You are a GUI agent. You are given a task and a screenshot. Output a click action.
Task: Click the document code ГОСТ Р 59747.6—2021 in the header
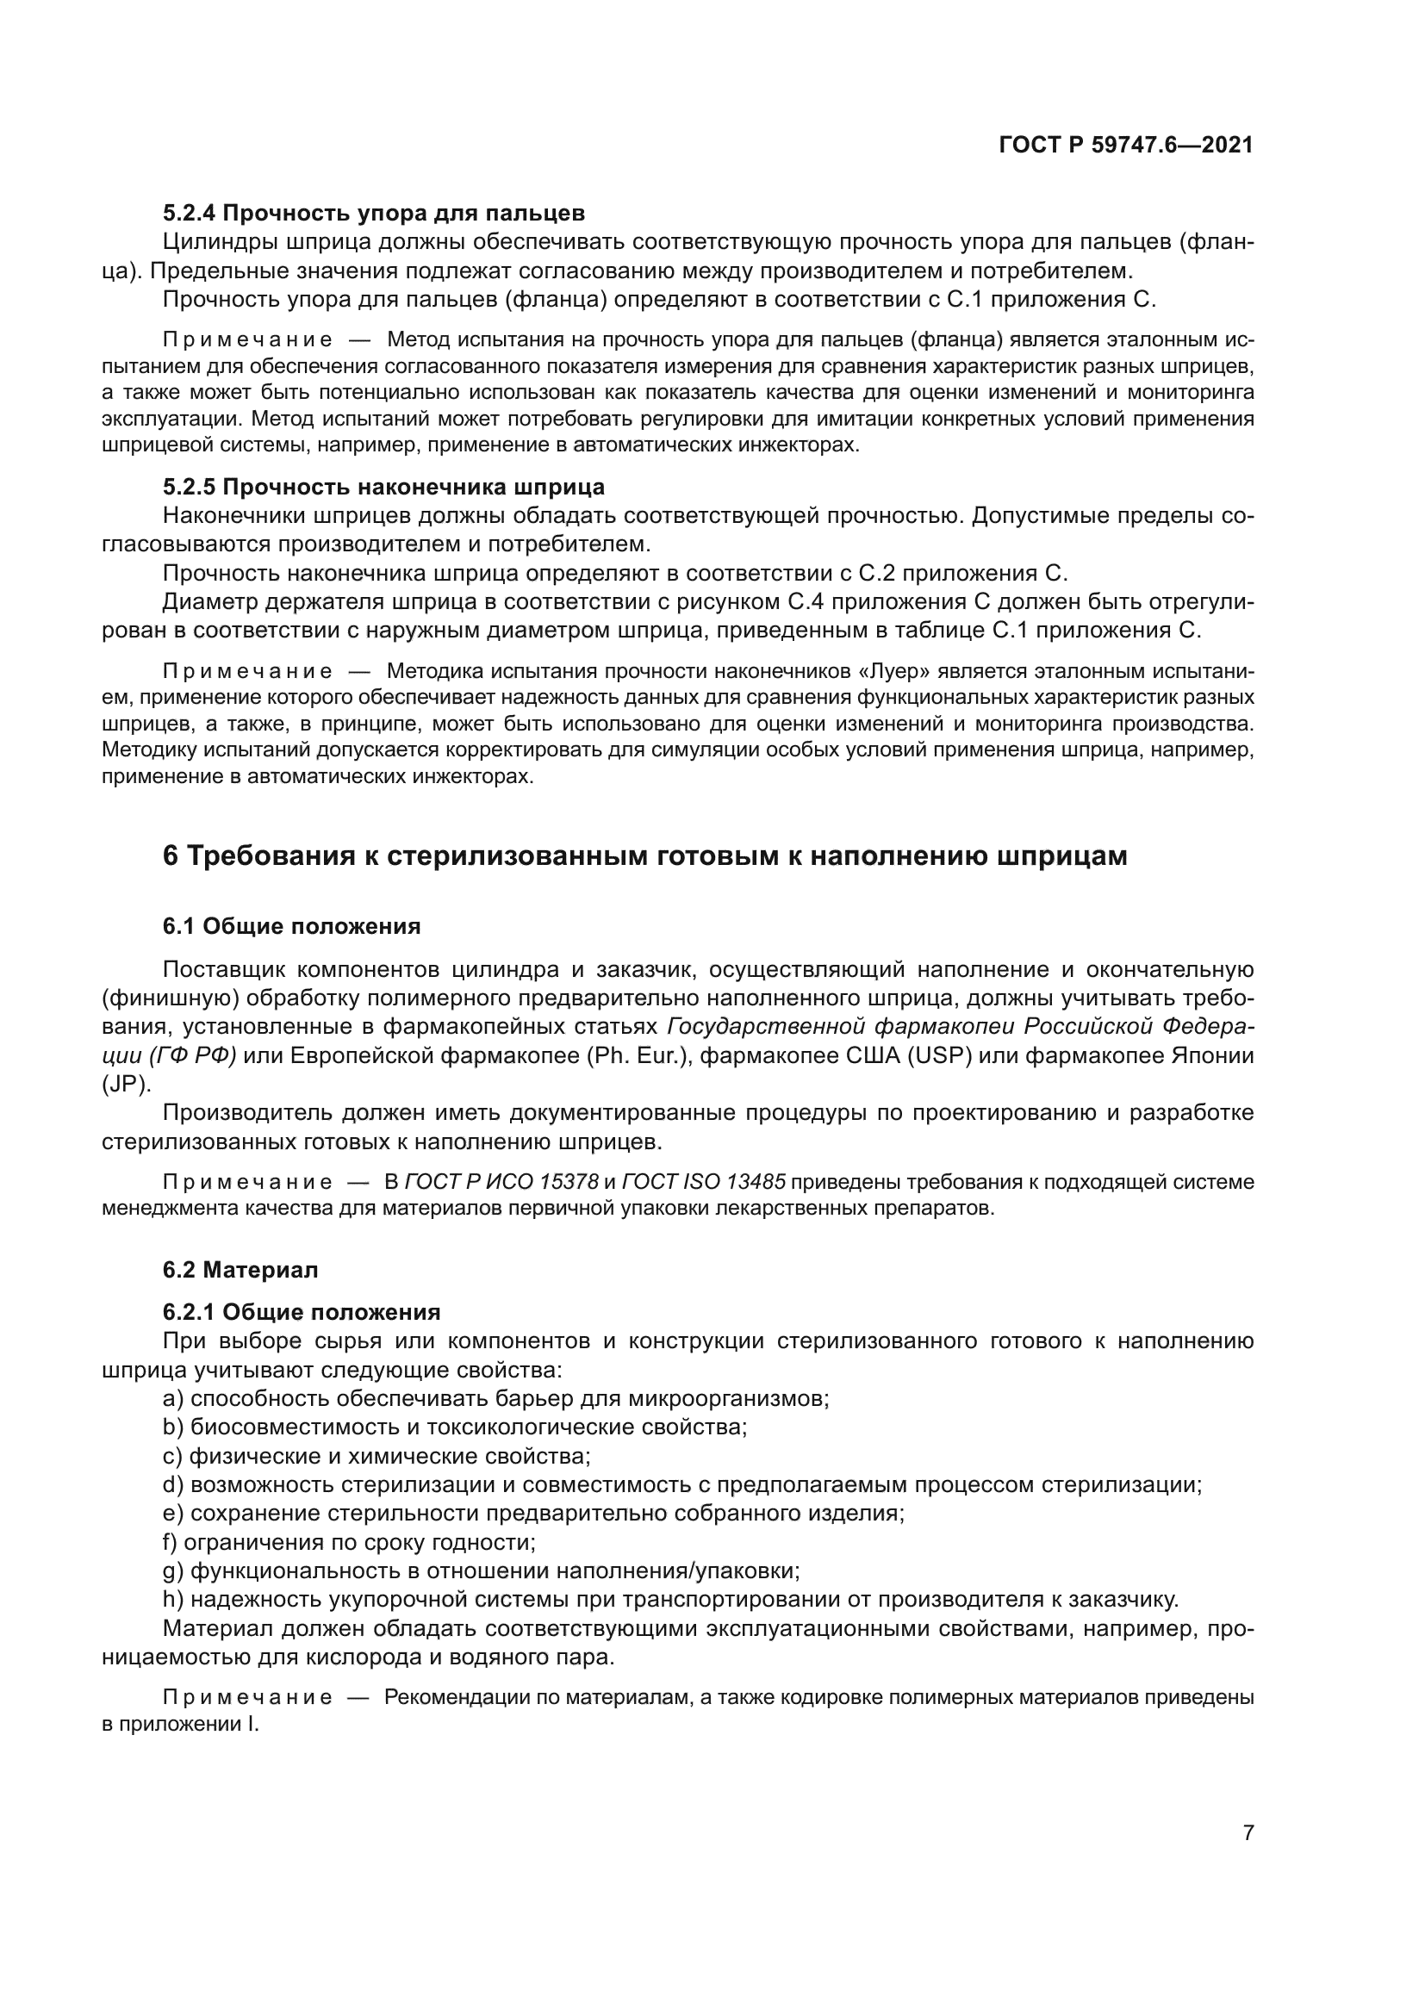pos(1126,146)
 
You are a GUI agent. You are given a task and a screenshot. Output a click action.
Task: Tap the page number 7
pos(1248,1832)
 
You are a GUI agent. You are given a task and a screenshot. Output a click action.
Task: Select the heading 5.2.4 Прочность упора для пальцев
pos(374,214)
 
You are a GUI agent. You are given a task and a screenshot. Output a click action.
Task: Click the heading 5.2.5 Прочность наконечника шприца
pos(383,487)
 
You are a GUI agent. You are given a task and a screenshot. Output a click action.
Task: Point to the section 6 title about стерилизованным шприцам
pos(645,855)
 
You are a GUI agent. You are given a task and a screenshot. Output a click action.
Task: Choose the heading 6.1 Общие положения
pos(291,927)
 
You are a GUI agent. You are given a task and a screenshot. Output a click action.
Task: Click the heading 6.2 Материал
pos(240,1270)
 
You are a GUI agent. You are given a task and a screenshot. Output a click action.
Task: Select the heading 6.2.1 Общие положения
pos(301,1312)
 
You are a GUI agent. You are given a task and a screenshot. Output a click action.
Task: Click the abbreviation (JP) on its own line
pos(127,1085)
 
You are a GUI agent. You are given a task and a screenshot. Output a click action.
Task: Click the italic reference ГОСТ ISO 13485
pos(703,1183)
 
